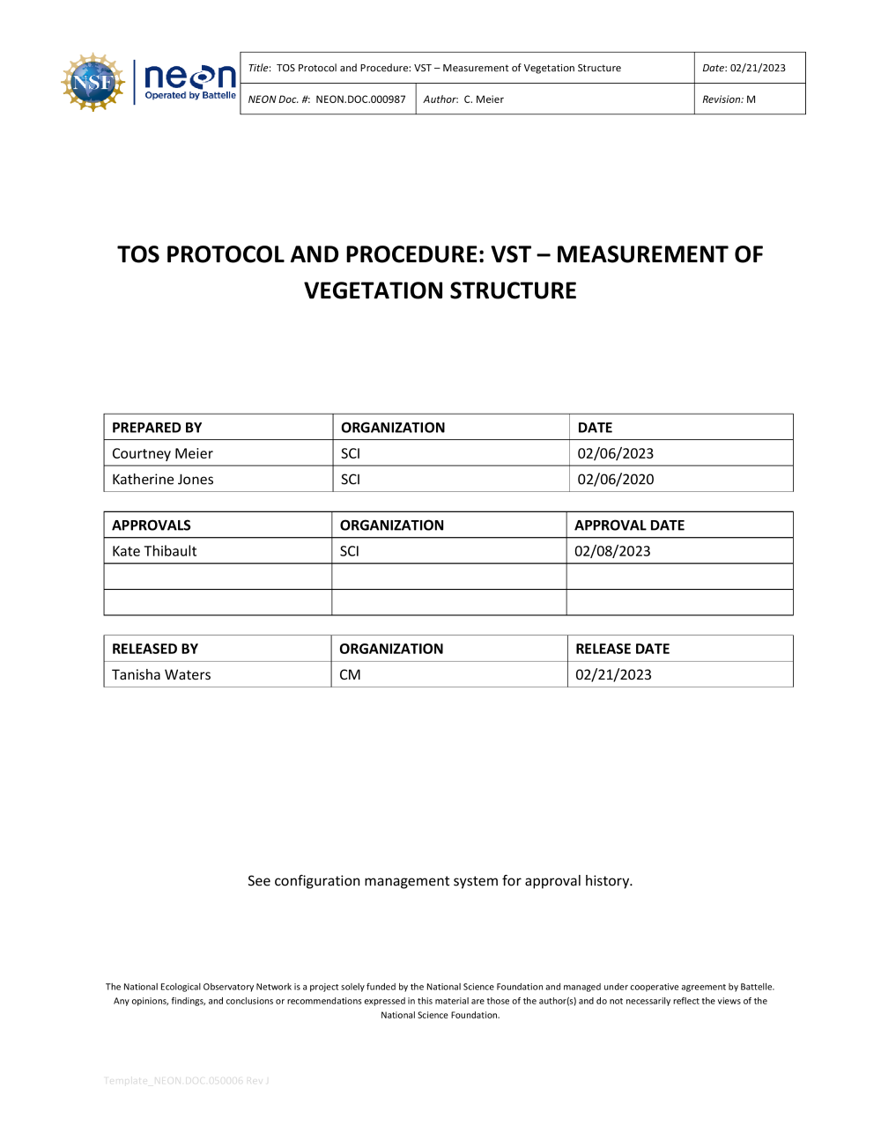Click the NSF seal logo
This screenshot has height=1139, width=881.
coord(93,82)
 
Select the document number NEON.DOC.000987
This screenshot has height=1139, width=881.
coord(360,99)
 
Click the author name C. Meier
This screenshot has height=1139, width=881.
coord(484,99)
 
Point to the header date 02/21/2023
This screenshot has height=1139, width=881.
coord(758,68)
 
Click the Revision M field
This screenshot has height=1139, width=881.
coord(729,99)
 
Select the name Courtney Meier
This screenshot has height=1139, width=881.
coord(162,453)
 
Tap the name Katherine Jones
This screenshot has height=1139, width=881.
coord(162,480)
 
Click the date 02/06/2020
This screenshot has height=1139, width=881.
coord(616,480)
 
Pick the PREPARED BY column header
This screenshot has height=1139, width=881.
coord(157,428)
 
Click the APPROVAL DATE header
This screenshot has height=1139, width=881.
coord(629,525)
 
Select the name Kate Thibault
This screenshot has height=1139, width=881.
coord(154,551)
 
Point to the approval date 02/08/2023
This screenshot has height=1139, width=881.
coord(612,551)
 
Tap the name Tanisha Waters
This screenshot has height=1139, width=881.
coord(161,675)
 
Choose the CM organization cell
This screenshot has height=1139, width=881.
coord(350,675)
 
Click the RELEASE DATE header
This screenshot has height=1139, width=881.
coord(622,649)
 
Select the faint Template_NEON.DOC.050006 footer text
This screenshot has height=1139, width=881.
coord(186,1081)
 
